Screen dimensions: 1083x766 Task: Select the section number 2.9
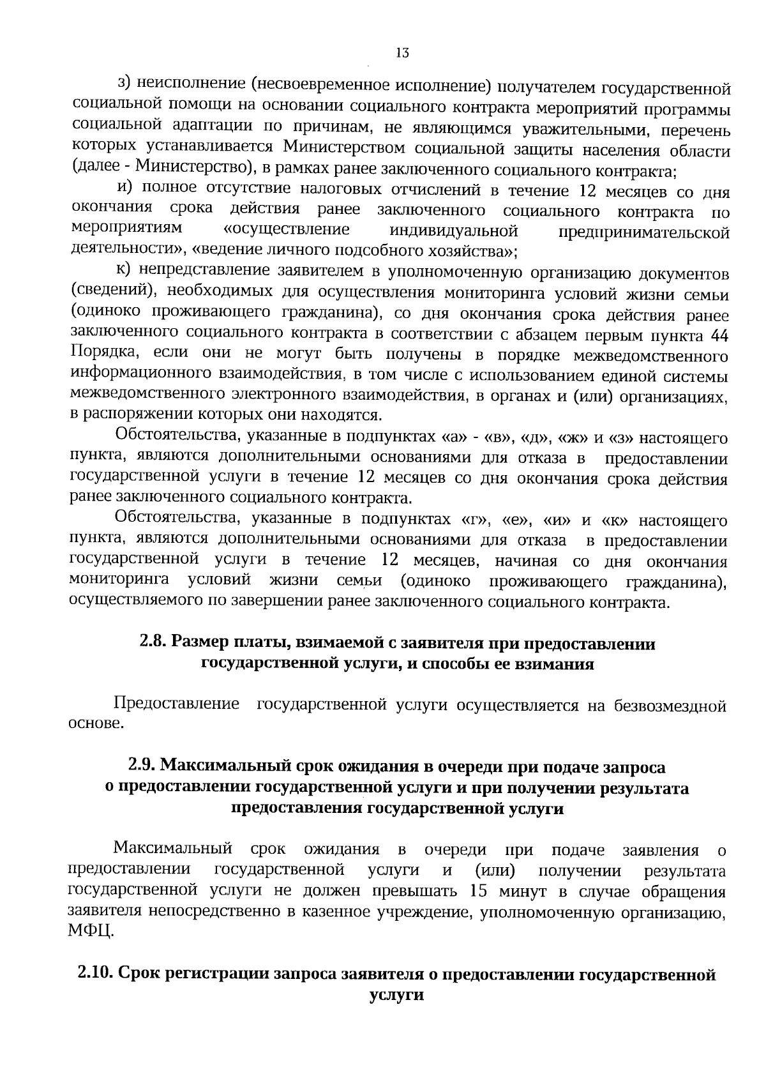click(142, 766)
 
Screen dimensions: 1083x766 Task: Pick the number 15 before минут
click(478, 891)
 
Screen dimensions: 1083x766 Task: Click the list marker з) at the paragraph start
click(124, 84)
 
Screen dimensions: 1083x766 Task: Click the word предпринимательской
click(644, 232)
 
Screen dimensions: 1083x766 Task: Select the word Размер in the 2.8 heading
click(203, 643)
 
